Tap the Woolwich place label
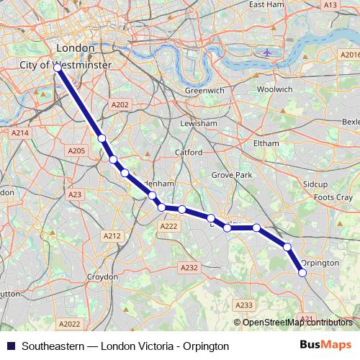pyautogui.click(x=274, y=89)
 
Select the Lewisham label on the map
pyautogui.click(x=199, y=123)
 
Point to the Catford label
pyautogui.click(x=189, y=153)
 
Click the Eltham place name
pyautogui.click(x=266, y=143)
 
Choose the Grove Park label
pyautogui.click(x=232, y=175)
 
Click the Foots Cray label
pyautogui.click(x=333, y=197)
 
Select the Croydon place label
pyautogui.click(x=102, y=276)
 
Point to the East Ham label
pyautogui.click(x=263, y=4)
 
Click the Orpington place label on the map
pyautogui.click(x=320, y=263)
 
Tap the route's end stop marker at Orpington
pyautogui.click(x=302, y=272)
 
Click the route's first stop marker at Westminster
pyautogui.click(x=57, y=68)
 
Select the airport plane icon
pyautogui.click(x=269, y=53)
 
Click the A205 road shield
pyautogui.click(x=76, y=150)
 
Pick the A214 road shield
pyautogui.click(x=19, y=132)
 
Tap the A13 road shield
pyautogui.click(x=330, y=5)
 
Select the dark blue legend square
pyautogui.click(x=9, y=346)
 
